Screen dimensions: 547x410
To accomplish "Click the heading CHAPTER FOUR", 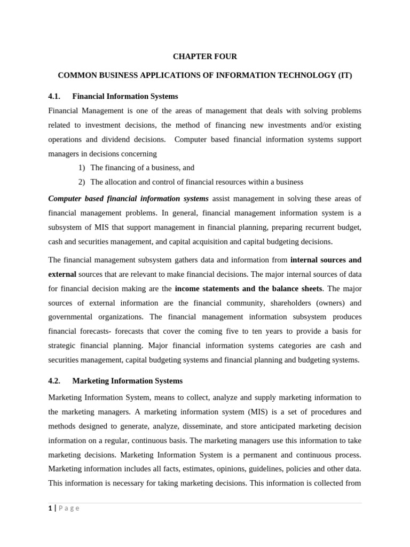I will coord(204,56).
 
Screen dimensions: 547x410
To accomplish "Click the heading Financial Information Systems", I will coord(125,96).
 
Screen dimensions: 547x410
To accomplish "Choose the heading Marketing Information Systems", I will coord(127,381).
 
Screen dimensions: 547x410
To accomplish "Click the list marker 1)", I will coord(82,168).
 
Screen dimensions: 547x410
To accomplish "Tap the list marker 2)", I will coord(82,182).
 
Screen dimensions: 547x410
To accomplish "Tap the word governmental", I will coord(70,317).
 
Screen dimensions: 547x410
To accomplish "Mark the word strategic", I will coord(62,346).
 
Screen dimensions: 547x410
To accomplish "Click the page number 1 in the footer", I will coord(50,508).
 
